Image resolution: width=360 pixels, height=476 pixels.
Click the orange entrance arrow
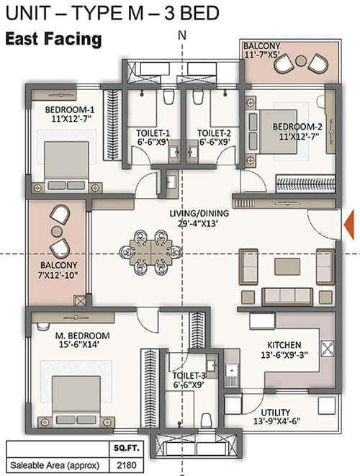click(349, 225)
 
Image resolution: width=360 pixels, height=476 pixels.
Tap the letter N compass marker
click(182, 35)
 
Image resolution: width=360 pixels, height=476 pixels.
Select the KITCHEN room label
click(284, 345)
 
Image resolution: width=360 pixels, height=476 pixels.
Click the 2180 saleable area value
click(126, 464)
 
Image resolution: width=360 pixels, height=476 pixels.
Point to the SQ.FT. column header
click(126, 448)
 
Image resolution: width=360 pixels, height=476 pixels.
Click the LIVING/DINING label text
click(199, 213)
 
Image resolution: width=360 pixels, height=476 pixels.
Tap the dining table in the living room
click(151, 252)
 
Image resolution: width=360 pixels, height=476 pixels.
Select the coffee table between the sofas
click(287, 266)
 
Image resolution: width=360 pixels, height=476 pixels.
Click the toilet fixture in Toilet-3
click(207, 421)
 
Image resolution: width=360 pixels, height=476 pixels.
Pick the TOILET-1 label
click(153, 133)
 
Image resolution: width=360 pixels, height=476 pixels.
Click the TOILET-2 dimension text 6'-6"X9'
click(215, 141)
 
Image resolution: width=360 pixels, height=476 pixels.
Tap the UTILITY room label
click(276, 413)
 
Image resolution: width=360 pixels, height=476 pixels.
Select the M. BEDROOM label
click(83, 336)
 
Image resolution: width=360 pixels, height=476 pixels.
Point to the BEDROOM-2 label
click(297, 127)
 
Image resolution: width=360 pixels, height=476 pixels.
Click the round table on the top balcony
click(301, 61)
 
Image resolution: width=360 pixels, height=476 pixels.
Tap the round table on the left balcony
click(57, 231)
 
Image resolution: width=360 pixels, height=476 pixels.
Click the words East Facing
click(53, 39)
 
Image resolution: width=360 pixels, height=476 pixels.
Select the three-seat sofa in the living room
click(287, 297)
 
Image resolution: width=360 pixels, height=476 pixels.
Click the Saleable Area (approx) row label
click(55, 465)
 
